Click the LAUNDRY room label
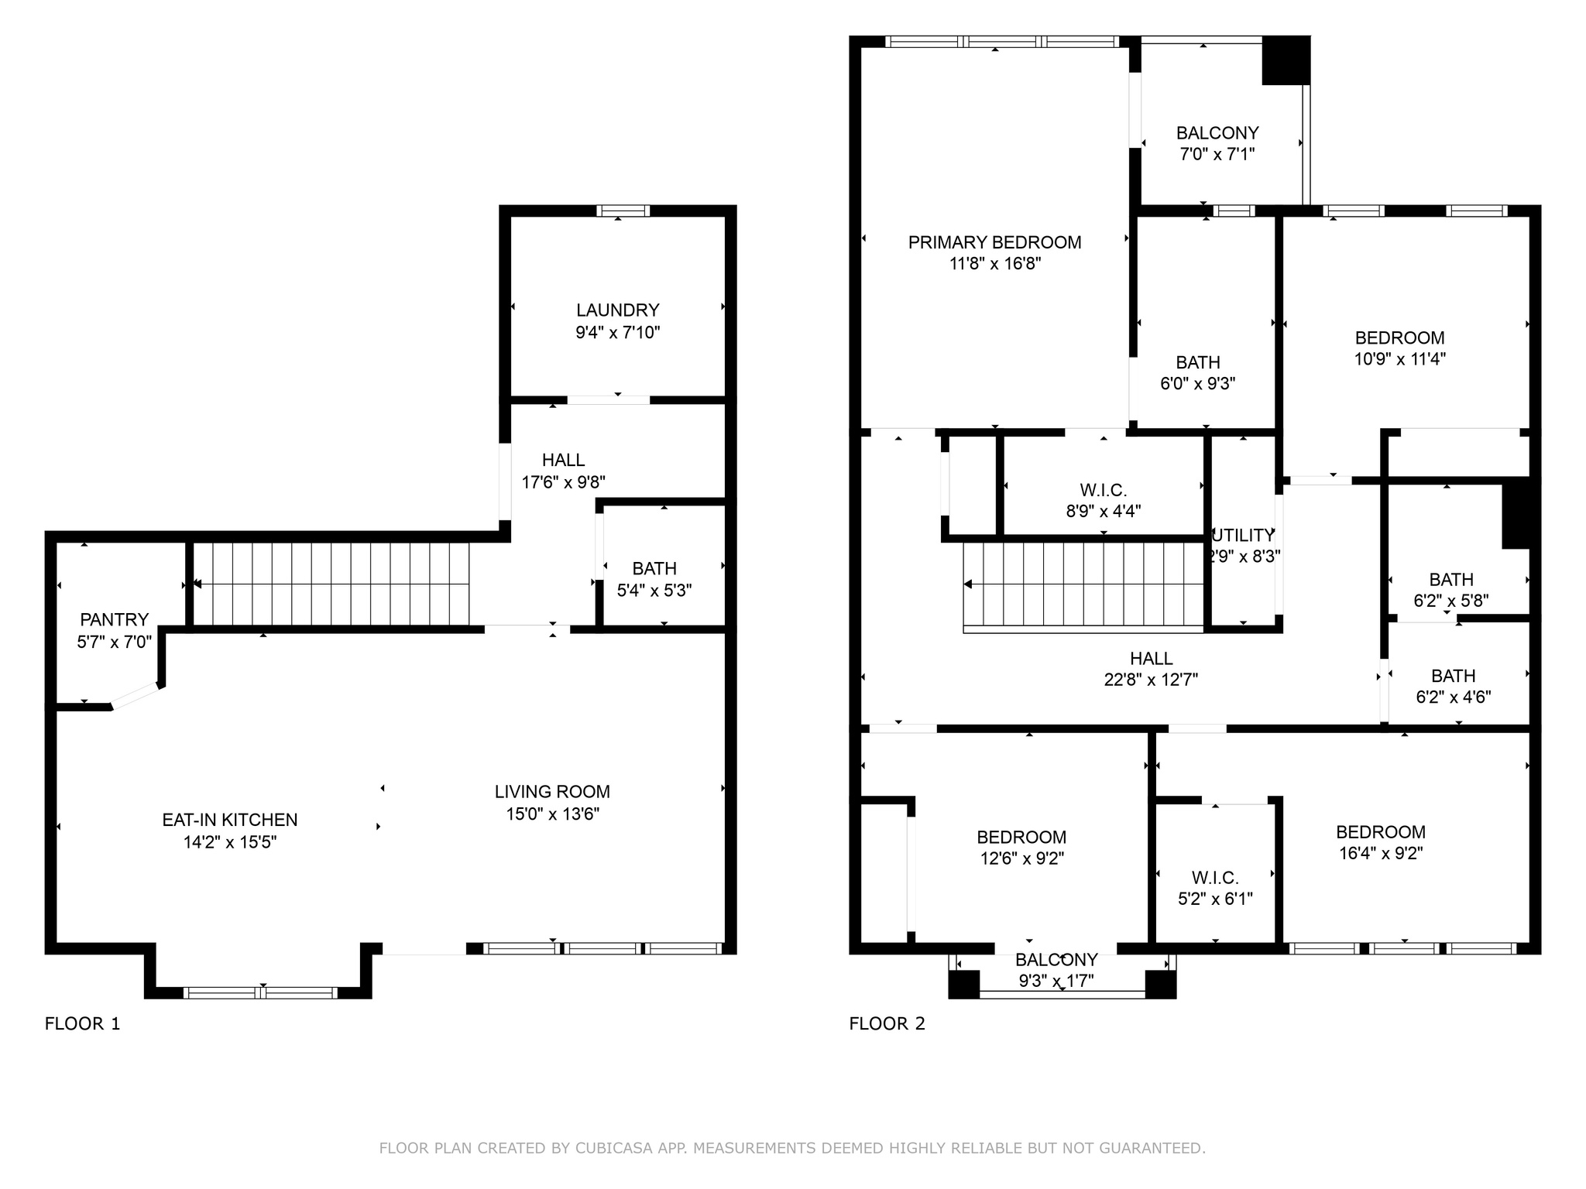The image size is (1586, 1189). point(617,310)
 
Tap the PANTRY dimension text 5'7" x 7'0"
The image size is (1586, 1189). point(114,642)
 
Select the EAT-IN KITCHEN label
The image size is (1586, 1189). point(229,820)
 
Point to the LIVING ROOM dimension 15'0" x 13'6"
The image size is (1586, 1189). point(552,814)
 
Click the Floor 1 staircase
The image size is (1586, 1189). point(331,584)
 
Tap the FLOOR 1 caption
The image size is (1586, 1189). point(82,1023)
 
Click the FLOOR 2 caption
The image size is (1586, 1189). point(887,1023)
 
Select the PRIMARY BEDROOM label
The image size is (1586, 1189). point(994,242)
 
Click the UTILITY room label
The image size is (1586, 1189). point(1243,535)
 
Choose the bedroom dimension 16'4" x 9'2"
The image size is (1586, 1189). point(1381,853)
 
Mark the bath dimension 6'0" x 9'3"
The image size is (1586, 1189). point(1197,383)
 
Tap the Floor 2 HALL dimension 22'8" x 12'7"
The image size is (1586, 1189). point(1151,680)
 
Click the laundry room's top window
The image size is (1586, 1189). point(623,211)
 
